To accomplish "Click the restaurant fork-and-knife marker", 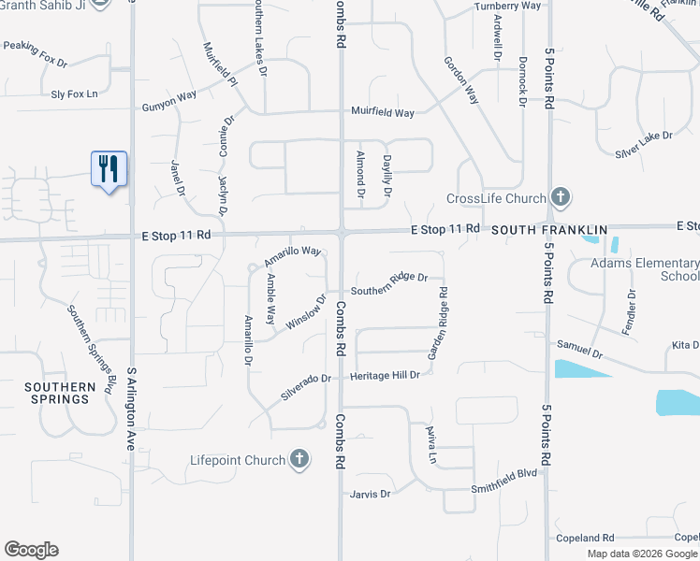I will point(109,169).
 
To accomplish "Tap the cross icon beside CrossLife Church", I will point(560,197).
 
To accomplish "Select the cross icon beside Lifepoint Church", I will point(299,459).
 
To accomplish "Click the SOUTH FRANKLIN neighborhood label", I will point(550,229).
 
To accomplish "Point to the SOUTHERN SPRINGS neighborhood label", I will point(60,393).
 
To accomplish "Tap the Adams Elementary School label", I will point(645,269).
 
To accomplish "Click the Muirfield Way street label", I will point(382,112).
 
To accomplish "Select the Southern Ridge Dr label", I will point(389,278).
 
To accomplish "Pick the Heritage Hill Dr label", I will point(385,375).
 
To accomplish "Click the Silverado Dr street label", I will point(307,387).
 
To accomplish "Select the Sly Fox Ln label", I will point(74,93).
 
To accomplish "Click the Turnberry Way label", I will point(507,6).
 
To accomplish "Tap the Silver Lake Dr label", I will point(644,137).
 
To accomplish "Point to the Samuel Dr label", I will point(580,350).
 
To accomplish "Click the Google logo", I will point(31,550).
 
